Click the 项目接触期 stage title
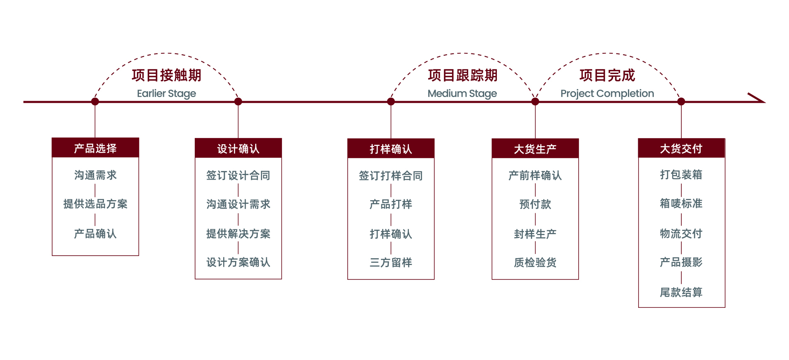[166, 75]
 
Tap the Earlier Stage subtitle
[166, 94]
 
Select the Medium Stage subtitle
[462, 94]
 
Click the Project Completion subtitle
[607, 94]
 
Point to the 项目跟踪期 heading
[462, 75]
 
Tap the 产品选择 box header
[95, 148]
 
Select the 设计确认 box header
[238, 148]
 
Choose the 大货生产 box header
[535, 149]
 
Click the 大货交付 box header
[681, 148]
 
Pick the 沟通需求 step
[95, 175]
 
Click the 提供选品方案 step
[95, 204]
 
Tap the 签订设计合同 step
[238, 175]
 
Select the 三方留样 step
[391, 262]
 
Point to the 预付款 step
[535, 204]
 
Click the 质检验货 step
[535, 262]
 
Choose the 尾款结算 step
[681, 292]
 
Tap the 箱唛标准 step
[681, 203]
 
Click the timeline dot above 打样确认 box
[391, 102]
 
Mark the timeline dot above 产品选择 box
[95, 102]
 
